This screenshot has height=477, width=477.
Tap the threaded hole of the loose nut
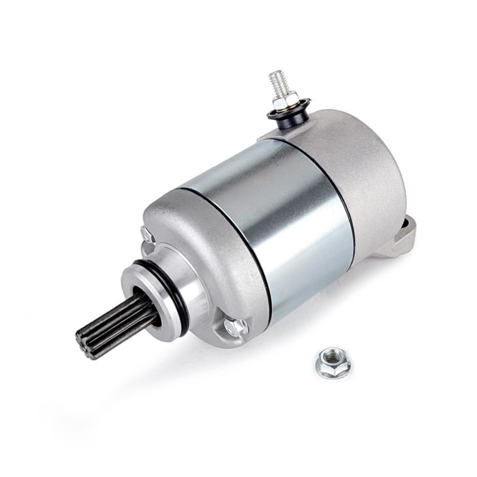pos(333,356)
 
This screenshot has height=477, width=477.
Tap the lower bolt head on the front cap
pos(236,326)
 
